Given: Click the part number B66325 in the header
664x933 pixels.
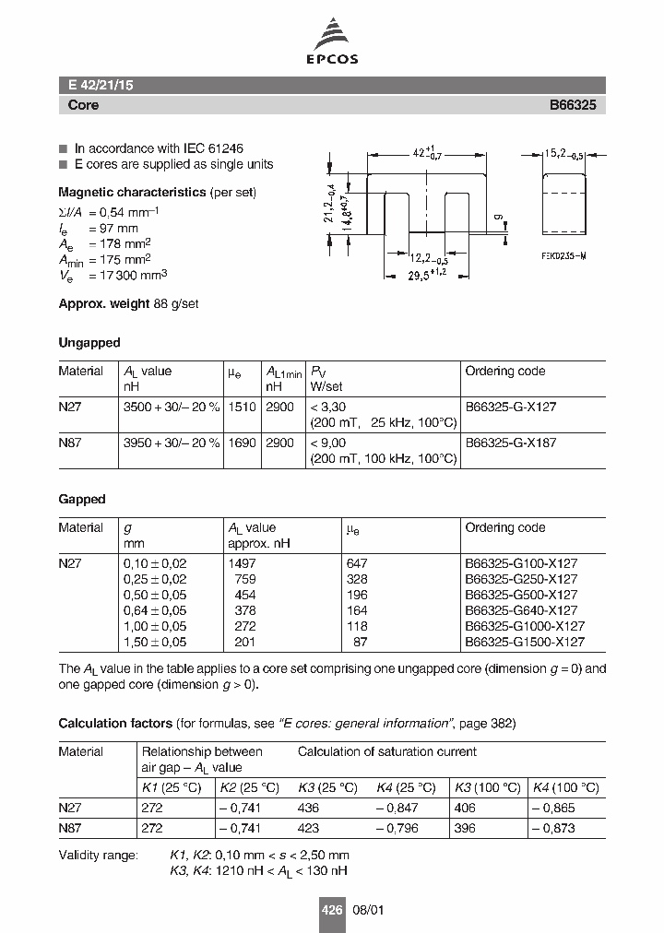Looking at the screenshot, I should click(x=573, y=105).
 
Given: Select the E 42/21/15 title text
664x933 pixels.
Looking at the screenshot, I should click(x=101, y=86).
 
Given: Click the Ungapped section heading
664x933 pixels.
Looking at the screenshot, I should click(x=89, y=342).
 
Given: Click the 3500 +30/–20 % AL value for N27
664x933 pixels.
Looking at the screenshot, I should click(x=171, y=407).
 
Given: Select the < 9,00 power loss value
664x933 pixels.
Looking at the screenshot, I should click(x=328, y=442).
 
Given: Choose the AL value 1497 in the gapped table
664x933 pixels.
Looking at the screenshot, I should click(x=243, y=562).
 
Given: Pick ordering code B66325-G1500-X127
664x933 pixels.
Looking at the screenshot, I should click(x=524, y=642).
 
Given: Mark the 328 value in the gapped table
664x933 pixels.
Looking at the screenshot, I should click(x=356, y=578).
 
